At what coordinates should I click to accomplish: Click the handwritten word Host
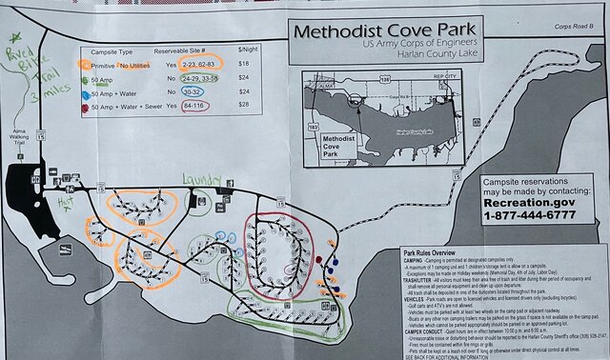tap(66, 202)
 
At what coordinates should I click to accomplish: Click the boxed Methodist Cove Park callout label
tap(344, 145)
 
